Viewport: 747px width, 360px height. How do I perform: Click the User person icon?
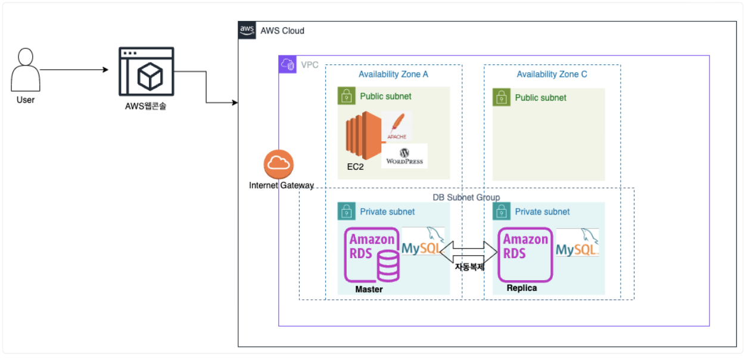click(x=26, y=70)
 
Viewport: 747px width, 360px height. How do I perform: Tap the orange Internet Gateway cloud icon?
click(x=279, y=164)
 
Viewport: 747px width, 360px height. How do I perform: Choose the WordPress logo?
click(x=404, y=156)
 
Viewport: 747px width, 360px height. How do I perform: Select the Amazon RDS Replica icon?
click(x=526, y=256)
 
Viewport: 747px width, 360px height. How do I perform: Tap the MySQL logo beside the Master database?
click(x=423, y=243)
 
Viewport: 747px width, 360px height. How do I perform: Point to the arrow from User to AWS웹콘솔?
click(x=74, y=70)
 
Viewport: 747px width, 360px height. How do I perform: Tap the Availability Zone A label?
click(x=393, y=75)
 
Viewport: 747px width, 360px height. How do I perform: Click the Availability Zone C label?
click(x=552, y=75)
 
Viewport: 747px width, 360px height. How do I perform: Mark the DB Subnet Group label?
click(x=466, y=197)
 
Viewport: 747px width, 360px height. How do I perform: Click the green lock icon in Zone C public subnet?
click(x=502, y=97)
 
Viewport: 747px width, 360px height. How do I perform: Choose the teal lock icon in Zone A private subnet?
click(x=347, y=212)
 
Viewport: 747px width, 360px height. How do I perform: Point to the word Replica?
click(x=522, y=288)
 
